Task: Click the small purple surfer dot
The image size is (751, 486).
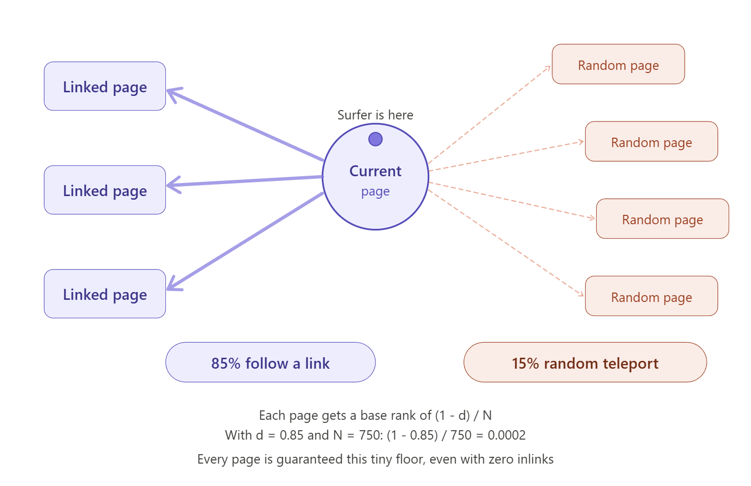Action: [x=375, y=139]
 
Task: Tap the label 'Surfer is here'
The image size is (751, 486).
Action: [x=375, y=115]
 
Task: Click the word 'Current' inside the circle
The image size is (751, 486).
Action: [x=375, y=171]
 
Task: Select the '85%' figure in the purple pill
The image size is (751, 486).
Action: [x=224, y=363]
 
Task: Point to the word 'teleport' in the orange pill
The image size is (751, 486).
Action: [x=631, y=363]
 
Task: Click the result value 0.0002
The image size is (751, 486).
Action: [x=506, y=435]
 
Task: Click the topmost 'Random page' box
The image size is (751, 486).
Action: [x=618, y=65]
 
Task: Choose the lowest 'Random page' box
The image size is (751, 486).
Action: [x=651, y=297]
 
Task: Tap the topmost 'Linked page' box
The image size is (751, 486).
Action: [x=105, y=87]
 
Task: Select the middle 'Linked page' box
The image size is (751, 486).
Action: [x=105, y=190]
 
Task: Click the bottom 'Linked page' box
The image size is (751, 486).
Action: [x=105, y=294]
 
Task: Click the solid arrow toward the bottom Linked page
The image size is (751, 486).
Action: [x=245, y=241]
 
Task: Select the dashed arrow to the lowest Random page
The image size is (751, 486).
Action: [x=506, y=243]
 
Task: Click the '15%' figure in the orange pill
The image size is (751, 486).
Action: [x=525, y=363]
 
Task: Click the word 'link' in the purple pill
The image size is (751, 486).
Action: [x=317, y=363]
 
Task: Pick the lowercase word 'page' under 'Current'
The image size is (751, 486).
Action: [x=375, y=192]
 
